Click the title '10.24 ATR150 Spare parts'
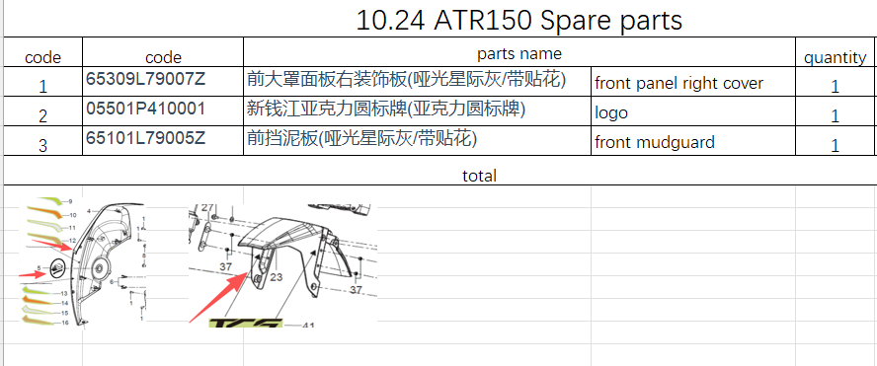[x=518, y=21]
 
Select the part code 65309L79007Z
[x=145, y=79]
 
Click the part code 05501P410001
[x=145, y=109]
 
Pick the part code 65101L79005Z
[x=145, y=138]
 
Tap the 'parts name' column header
[x=519, y=53]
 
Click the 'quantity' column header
[x=836, y=57]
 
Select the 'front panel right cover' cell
[x=678, y=83]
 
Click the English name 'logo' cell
[x=610, y=112]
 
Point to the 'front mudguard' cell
[x=655, y=142]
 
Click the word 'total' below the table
[x=479, y=176]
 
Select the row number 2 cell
[x=43, y=115]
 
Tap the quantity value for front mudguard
[x=836, y=146]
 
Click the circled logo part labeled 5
[x=58, y=269]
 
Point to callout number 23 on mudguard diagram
[x=278, y=276]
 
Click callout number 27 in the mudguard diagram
[x=207, y=208]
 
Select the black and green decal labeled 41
[x=246, y=324]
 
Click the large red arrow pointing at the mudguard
[x=218, y=298]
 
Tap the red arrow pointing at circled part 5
[x=33, y=274]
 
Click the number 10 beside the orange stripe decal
[x=73, y=215]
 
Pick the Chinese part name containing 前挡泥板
[x=361, y=138]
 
